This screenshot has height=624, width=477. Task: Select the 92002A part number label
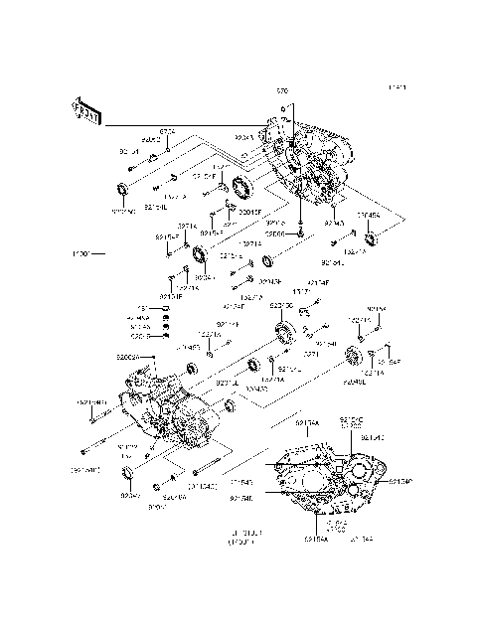(x=129, y=356)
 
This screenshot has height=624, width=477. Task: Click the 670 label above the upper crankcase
(x=282, y=90)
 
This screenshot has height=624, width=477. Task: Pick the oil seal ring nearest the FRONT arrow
(x=123, y=189)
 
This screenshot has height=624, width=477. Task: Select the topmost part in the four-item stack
(x=169, y=308)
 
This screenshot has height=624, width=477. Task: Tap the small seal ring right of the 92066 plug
(x=268, y=262)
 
